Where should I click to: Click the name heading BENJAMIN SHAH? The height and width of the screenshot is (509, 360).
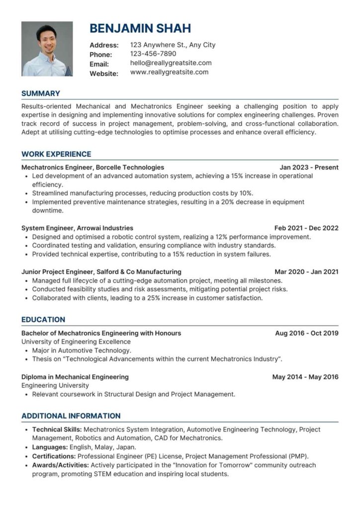point(140,28)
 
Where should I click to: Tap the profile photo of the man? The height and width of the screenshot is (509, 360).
point(47,49)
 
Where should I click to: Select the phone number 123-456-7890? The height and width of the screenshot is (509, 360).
point(153,54)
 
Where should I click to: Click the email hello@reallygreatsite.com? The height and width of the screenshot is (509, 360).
point(171,63)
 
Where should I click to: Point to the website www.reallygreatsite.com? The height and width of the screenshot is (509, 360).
point(169,73)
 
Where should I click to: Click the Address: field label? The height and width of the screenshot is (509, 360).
point(104,45)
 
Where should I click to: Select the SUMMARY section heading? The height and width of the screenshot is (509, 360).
point(41,93)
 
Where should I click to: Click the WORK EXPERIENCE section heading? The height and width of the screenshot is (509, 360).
point(56,154)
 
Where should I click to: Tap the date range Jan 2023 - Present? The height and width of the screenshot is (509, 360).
point(309,168)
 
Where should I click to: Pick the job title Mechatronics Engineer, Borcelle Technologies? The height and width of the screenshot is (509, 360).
point(92,168)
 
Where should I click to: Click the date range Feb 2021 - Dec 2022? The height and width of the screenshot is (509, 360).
point(306,228)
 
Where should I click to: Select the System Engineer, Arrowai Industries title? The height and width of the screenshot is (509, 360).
point(77,228)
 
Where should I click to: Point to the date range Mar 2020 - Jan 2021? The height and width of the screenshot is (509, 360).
point(306,272)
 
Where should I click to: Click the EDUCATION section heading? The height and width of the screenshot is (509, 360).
point(43,320)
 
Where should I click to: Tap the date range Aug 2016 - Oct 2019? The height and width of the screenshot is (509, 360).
point(307,333)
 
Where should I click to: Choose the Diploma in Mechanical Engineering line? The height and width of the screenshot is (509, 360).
point(75,377)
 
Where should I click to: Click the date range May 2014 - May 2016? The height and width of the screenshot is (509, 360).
point(305,377)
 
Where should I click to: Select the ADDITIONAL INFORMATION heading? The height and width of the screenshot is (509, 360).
point(71,416)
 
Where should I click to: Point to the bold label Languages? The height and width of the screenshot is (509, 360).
point(50,447)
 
